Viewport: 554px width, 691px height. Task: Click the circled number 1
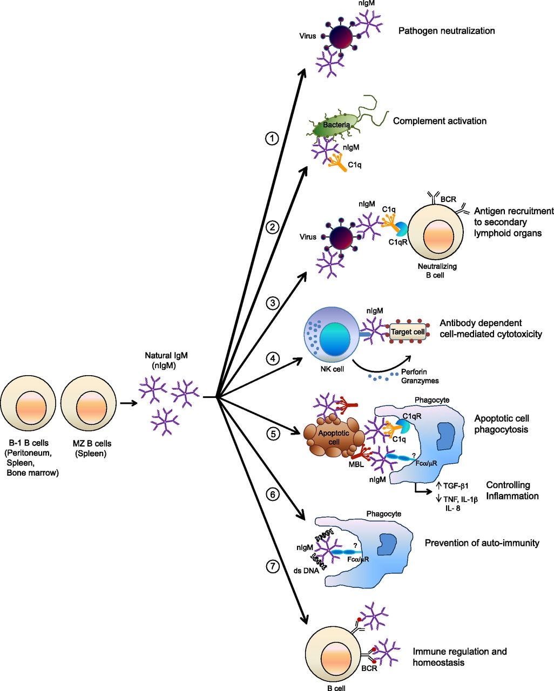272,139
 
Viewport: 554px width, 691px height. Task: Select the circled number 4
273,358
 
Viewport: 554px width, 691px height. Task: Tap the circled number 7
273,566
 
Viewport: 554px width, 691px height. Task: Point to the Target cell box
408,331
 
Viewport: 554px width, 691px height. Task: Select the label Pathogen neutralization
447,31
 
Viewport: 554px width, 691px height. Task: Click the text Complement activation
440,121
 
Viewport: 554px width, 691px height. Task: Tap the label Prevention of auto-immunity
482,543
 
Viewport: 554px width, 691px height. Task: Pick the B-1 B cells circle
28,403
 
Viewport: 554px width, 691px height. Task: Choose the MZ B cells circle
89,403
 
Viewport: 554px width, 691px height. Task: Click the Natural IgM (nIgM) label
166,360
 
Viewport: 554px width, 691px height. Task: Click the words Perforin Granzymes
420,376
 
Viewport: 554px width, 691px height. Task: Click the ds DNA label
306,570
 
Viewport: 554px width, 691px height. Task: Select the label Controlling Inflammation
512,490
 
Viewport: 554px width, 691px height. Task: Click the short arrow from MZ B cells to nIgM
129,403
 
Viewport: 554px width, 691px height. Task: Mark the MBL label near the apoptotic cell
356,464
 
